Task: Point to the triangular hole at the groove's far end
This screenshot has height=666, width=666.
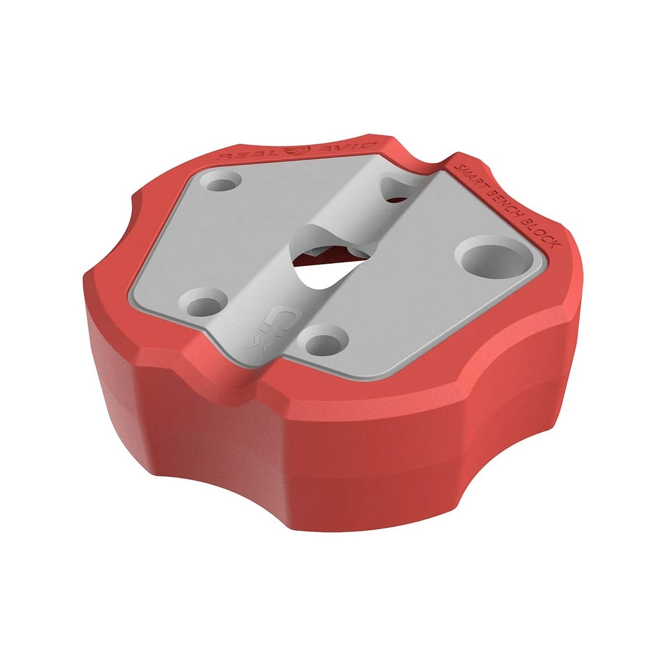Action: coord(398,189)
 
